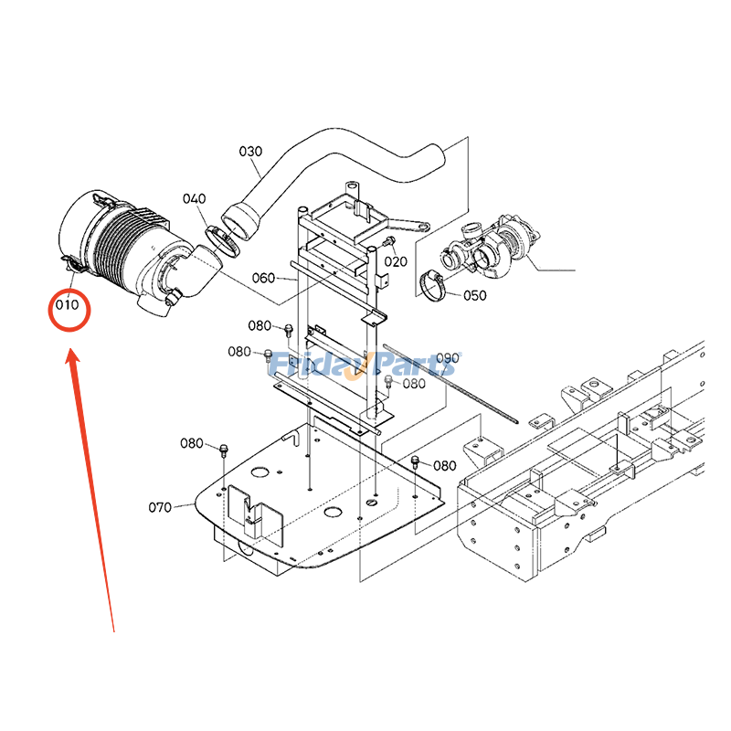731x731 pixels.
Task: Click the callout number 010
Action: (x=67, y=305)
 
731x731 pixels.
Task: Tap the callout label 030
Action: (x=250, y=152)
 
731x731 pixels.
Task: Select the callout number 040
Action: (x=195, y=199)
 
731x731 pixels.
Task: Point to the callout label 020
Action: (x=396, y=261)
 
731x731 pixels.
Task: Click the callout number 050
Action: (x=475, y=295)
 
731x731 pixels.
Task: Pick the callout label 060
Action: (x=263, y=279)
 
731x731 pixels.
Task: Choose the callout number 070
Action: (x=160, y=507)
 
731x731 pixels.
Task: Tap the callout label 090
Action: (x=448, y=358)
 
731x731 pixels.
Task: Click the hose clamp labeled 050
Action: (x=432, y=285)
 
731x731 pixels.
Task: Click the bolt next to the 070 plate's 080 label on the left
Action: (x=224, y=450)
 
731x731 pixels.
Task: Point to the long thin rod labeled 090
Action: (x=450, y=384)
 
